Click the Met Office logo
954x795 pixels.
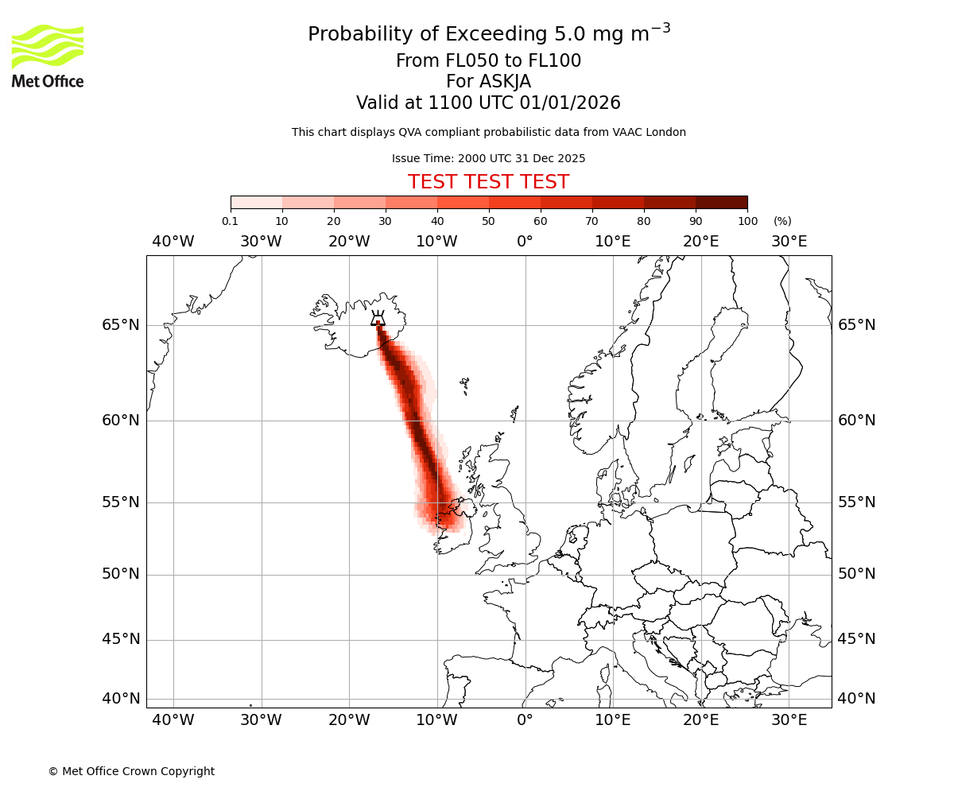click(48, 56)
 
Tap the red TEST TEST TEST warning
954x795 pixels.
click(488, 182)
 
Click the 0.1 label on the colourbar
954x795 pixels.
click(231, 221)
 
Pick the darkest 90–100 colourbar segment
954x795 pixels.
click(721, 202)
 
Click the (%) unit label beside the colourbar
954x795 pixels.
click(782, 221)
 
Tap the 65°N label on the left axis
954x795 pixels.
click(120, 325)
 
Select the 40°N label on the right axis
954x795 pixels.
click(857, 699)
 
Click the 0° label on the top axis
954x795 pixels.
click(525, 242)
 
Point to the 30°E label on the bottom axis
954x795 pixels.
click(789, 720)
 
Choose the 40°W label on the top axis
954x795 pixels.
click(173, 242)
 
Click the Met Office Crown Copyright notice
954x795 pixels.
click(131, 771)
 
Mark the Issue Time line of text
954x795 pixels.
click(488, 158)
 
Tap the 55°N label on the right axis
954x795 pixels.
click(857, 502)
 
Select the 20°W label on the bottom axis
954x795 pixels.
click(349, 720)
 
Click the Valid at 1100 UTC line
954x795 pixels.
click(488, 103)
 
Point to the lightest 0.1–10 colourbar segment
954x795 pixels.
click(256, 202)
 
